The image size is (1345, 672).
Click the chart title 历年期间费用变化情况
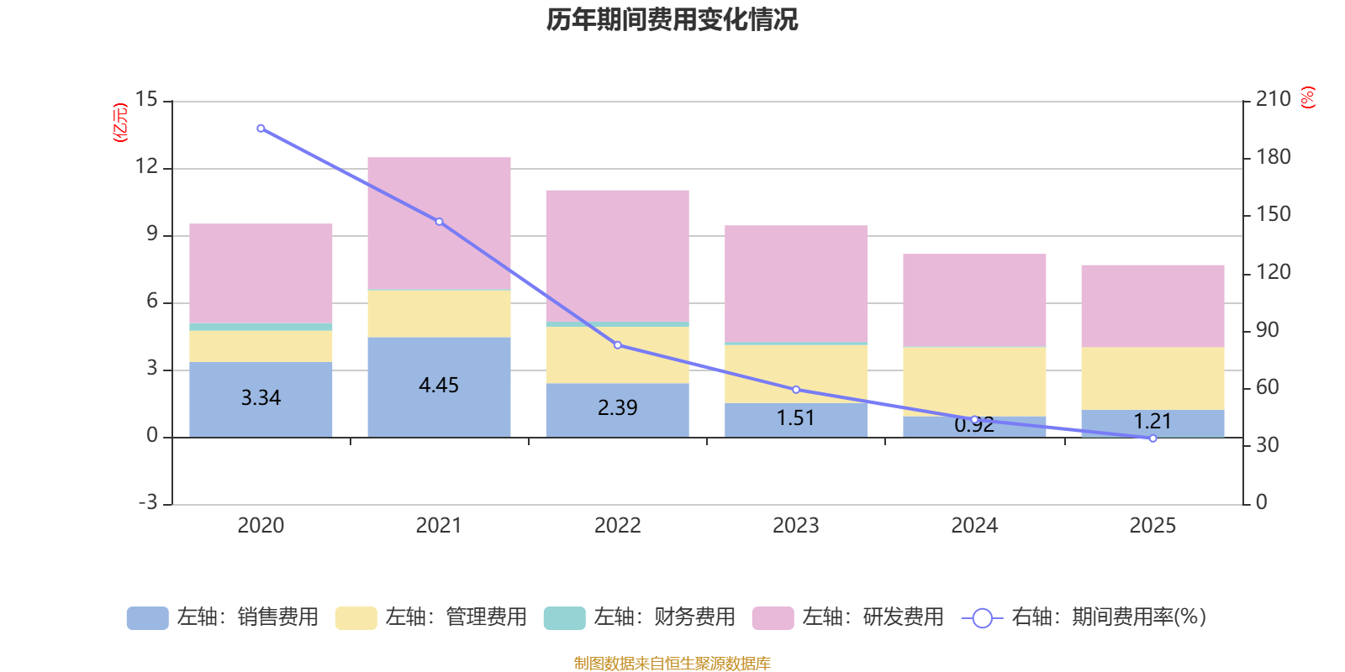click(x=672, y=19)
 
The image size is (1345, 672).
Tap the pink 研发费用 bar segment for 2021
click(x=439, y=223)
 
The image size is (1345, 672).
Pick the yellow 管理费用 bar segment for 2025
click(x=1152, y=378)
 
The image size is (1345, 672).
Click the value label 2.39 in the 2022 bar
click(x=617, y=408)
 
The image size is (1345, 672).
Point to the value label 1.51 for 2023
click(x=795, y=418)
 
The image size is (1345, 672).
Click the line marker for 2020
click(x=261, y=129)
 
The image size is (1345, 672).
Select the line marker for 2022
click(x=617, y=345)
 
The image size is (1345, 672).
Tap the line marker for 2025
click(x=1152, y=438)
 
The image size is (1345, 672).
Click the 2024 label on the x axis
click(x=974, y=526)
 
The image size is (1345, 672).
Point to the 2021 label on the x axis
click(x=439, y=526)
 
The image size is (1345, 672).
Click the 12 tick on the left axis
click(x=146, y=166)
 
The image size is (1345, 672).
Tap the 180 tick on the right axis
click(x=1273, y=157)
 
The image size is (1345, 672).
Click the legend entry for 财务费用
click(x=639, y=617)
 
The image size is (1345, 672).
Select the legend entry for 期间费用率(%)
click(x=1084, y=617)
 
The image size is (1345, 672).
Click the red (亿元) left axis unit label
click(x=121, y=123)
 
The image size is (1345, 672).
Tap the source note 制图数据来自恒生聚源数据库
click(x=672, y=664)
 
